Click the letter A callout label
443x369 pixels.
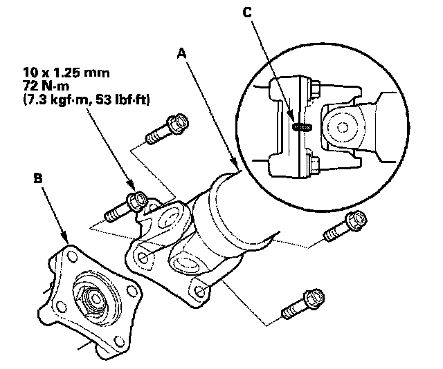pos(181,53)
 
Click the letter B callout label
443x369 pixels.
pos(39,179)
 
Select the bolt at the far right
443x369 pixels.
pos(347,225)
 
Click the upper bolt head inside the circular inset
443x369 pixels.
pos(312,88)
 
